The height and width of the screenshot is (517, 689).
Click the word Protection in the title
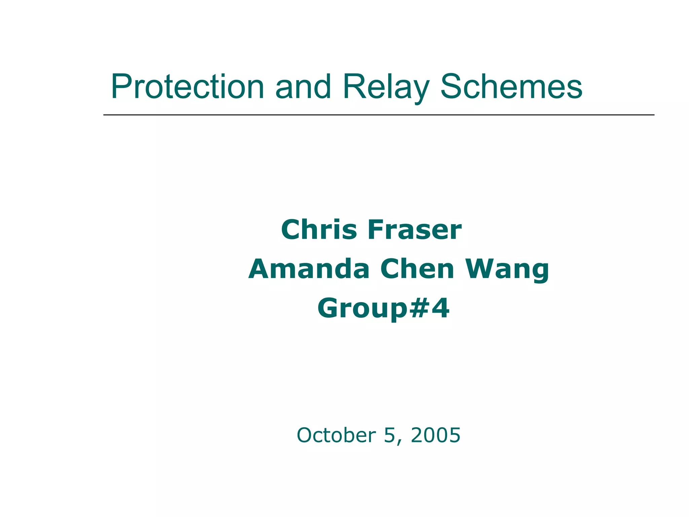click(187, 87)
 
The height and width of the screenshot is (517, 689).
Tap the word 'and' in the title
click(303, 87)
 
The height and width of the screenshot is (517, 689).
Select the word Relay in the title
click(386, 87)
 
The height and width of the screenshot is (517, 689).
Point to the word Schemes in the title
click(511, 87)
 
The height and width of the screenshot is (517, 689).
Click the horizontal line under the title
click(378, 115)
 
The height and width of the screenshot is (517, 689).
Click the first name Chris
click(319, 230)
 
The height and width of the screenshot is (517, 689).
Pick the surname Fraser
click(414, 230)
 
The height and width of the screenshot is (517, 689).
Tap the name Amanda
click(309, 269)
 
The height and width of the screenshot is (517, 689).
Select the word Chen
click(417, 269)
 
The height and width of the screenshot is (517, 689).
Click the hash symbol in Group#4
click(419, 308)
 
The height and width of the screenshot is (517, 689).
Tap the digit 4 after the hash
click(440, 308)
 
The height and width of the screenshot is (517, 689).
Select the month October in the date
click(336, 435)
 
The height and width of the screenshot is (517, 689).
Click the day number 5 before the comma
click(389, 435)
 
